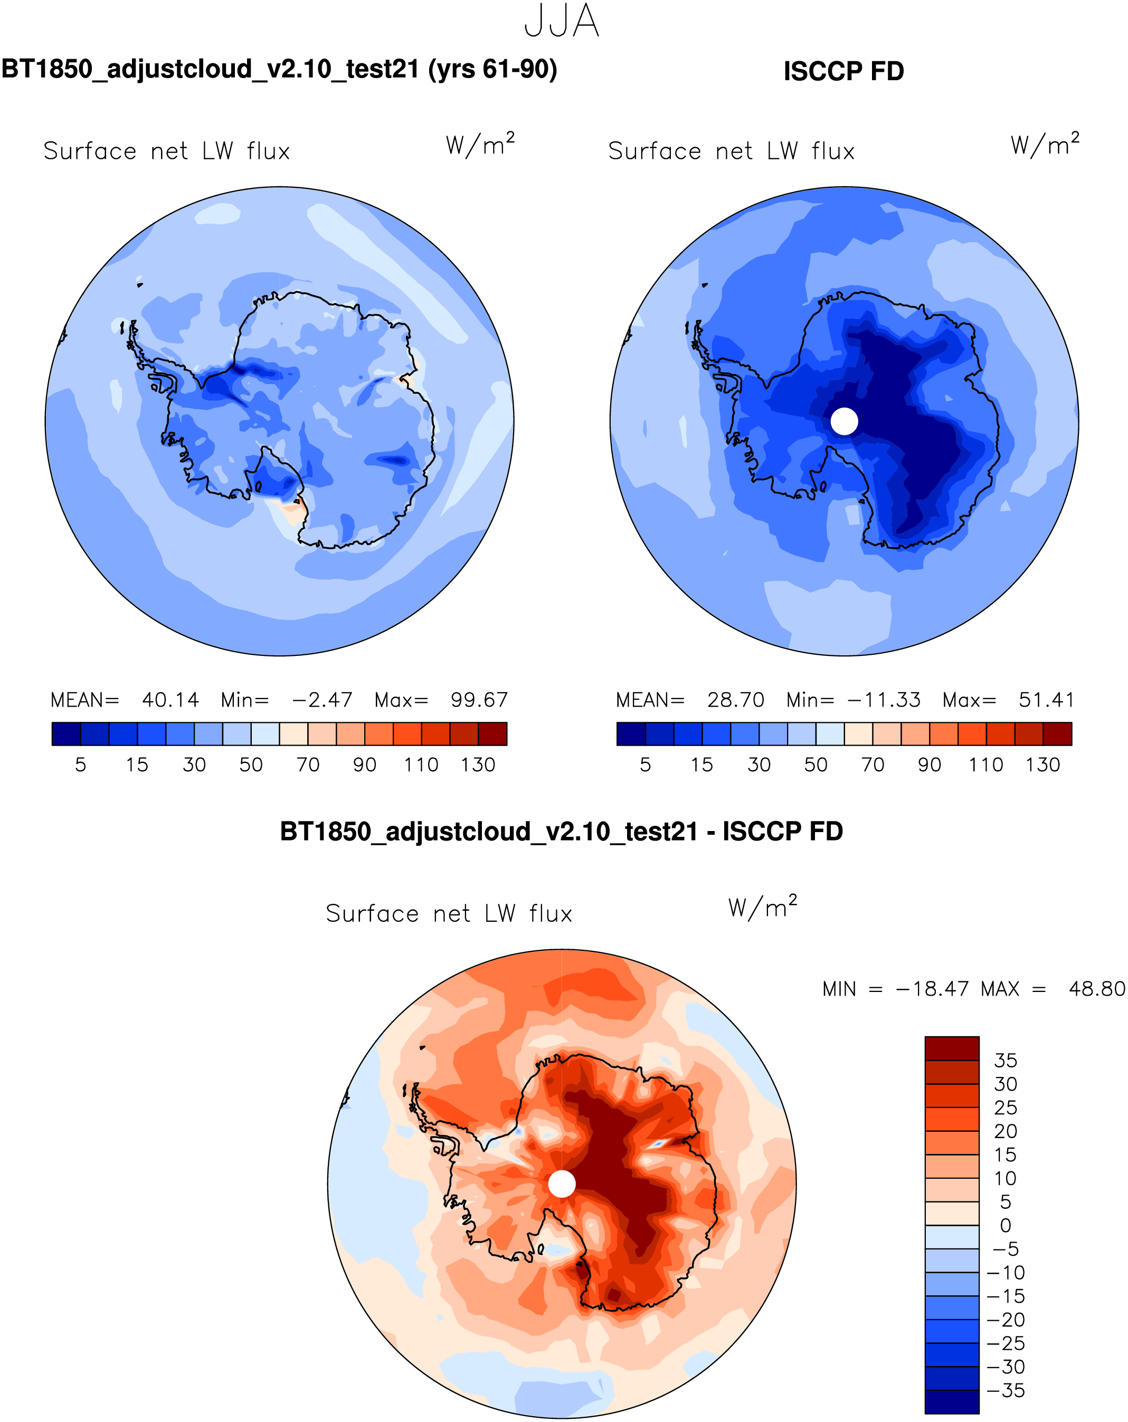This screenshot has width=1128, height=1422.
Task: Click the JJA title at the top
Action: pos(562,21)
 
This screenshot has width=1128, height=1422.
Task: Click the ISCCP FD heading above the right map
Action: pos(843,71)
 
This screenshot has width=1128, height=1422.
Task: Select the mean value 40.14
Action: pos(170,700)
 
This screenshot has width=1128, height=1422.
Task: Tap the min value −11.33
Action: pos(883,700)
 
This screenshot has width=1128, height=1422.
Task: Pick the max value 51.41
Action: pos(1046,700)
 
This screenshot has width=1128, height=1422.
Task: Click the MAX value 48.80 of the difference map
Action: pos(1096,989)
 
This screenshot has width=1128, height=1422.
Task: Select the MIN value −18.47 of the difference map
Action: pos(932,989)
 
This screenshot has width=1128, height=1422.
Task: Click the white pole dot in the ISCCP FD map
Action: pos(843,421)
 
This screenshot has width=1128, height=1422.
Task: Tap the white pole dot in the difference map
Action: pos(562,1184)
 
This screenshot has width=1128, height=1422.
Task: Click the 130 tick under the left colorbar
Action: pos(478,765)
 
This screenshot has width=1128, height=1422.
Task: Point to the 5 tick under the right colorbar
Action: pos(645,765)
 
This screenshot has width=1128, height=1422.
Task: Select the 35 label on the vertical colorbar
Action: pos(1006,1061)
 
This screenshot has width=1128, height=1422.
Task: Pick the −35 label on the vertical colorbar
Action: pos(1006,1390)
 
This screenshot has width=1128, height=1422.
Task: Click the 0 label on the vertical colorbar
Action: pos(1006,1225)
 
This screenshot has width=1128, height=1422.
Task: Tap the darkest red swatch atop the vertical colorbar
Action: pos(951,1048)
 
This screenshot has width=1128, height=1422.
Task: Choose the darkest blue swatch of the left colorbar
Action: pos(66,733)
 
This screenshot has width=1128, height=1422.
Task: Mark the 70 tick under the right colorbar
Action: pos(872,765)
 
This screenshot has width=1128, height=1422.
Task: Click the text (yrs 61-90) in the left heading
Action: pos(492,69)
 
